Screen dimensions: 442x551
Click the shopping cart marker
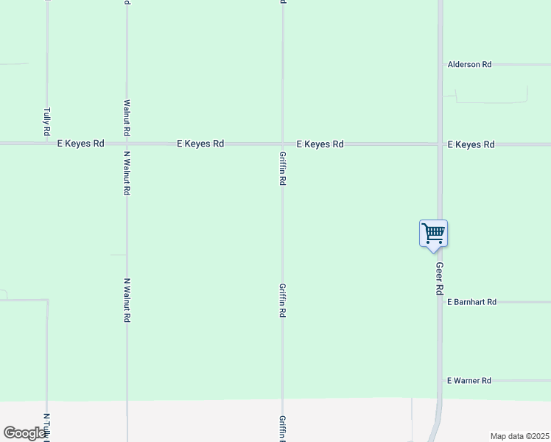click(x=433, y=234)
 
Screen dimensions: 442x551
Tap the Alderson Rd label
click(x=469, y=65)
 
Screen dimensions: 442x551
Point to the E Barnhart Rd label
click(x=472, y=302)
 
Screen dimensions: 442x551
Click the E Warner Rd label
click(x=469, y=381)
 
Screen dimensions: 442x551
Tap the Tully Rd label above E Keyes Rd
click(x=47, y=122)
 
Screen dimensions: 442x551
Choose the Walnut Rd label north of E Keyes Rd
click(x=127, y=117)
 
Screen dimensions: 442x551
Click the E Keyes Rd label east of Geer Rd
click(x=471, y=144)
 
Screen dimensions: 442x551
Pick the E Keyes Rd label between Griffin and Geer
click(x=320, y=144)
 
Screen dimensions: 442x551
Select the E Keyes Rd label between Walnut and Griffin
click(x=200, y=144)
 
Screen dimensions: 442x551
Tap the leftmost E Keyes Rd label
click(x=80, y=144)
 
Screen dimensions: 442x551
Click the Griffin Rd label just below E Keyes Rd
click(x=283, y=169)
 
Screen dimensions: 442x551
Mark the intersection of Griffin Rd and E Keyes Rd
click(x=283, y=144)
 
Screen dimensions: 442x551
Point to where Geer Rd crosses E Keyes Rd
click(x=440, y=144)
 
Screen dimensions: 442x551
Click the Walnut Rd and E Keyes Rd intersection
click(x=127, y=144)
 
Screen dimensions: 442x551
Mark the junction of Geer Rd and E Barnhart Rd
click(x=440, y=302)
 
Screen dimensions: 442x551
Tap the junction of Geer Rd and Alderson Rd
click(x=440, y=65)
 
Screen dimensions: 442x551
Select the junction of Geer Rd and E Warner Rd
click(x=440, y=381)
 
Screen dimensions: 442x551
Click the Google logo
click(x=25, y=433)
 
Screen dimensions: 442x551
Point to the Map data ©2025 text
click(x=519, y=436)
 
